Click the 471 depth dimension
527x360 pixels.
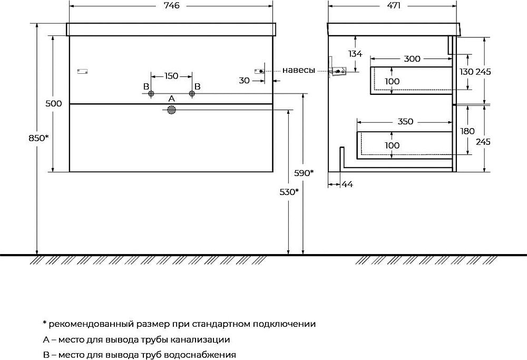(x=393, y=5)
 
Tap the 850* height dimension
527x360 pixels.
(x=38, y=138)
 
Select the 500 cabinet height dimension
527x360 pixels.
(x=54, y=103)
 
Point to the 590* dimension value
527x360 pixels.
(x=304, y=173)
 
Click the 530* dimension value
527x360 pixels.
(x=289, y=192)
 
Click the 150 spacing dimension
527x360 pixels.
(x=171, y=76)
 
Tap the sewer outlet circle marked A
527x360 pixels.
(x=172, y=110)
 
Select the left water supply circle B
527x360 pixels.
(x=151, y=93)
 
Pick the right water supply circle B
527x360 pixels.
(x=192, y=93)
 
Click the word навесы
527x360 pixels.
(x=299, y=70)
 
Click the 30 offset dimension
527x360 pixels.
(x=245, y=80)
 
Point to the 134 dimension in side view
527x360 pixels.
(x=355, y=53)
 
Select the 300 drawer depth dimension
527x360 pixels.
(x=412, y=59)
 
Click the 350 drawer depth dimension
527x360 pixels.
(x=405, y=121)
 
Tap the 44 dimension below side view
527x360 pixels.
(x=347, y=184)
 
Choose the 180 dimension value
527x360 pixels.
(x=467, y=131)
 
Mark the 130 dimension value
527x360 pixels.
(x=466, y=72)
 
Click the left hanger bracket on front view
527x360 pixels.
(x=82, y=71)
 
